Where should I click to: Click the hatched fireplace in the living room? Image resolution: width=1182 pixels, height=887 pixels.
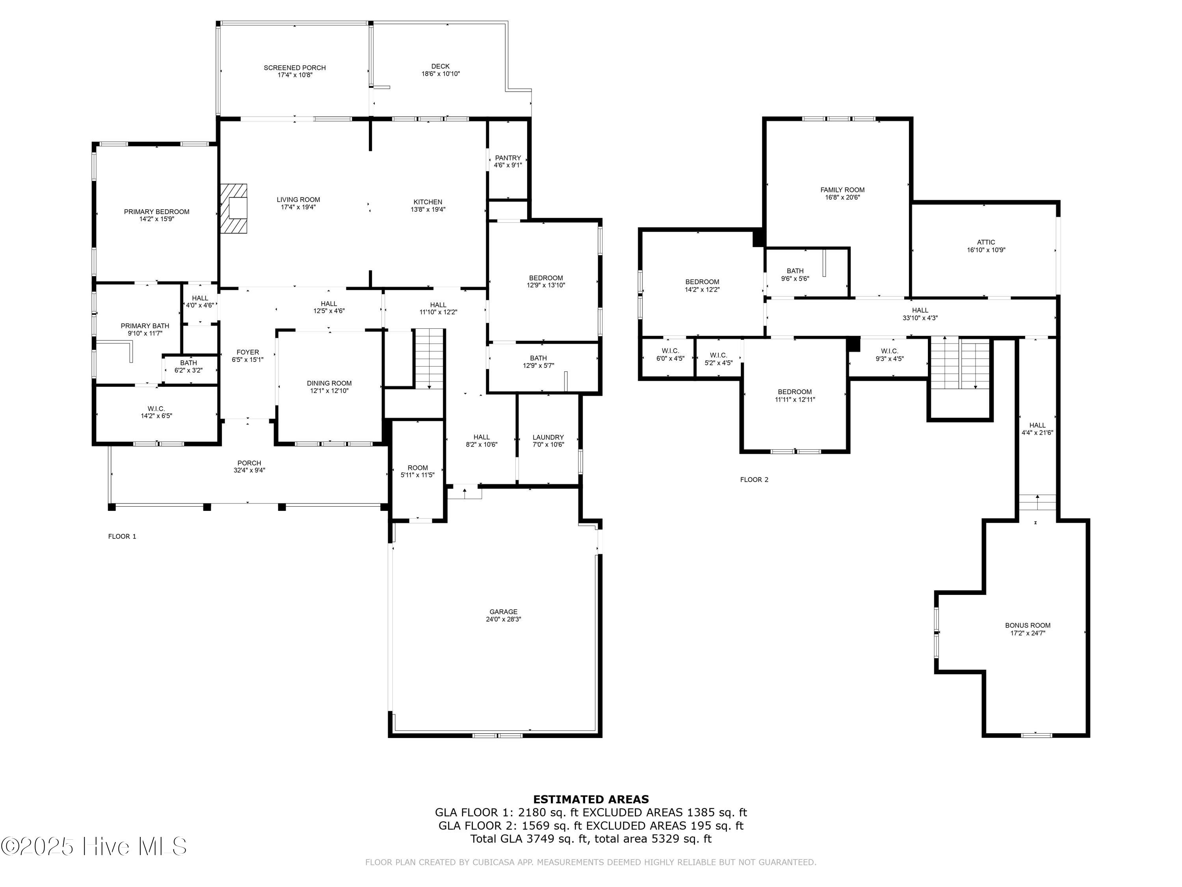pos(234,209)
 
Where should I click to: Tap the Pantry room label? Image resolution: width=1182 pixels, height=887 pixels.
pos(507,158)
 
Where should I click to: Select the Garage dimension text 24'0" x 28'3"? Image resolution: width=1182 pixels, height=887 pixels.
pos(504,619)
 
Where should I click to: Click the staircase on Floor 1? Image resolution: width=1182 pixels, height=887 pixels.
pos(429,358)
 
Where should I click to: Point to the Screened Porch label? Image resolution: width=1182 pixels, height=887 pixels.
pos(294,68)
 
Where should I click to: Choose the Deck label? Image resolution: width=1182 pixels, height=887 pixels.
pos(440,66)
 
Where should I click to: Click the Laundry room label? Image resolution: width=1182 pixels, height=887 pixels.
pos(548,437)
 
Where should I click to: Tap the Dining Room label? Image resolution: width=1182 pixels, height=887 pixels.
pos(329,383)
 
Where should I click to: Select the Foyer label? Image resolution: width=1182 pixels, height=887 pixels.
pos(247,352)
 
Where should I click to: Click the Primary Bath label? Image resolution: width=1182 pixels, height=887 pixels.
pos(145,326)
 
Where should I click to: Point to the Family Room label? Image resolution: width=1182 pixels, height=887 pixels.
pos(842,190)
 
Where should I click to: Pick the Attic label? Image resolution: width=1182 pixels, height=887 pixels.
pos(986,242)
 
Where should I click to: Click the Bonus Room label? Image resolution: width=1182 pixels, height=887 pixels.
pos(1028,625)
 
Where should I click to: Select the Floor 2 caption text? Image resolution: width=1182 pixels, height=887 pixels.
pos(754,480)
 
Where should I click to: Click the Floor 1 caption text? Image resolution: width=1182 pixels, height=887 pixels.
pos(123,536)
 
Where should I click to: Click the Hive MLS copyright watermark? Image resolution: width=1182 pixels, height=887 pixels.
pos(94,846)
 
